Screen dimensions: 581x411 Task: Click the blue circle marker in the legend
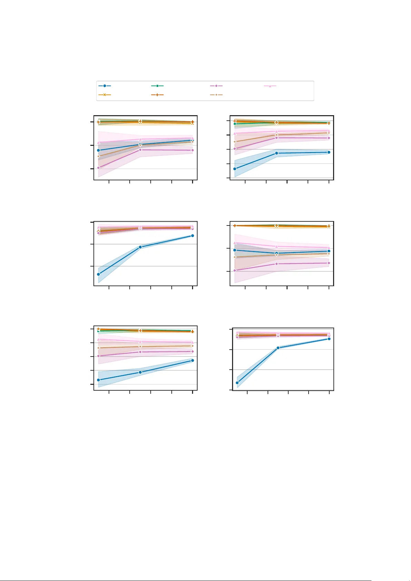point(104,86)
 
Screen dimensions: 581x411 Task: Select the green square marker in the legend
point(158,86)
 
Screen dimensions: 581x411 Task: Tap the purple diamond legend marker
point(216,86)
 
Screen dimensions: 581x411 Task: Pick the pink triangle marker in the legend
point(270,86)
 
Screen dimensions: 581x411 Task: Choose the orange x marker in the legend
point(104,94)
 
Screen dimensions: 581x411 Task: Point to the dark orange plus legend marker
point(158,94)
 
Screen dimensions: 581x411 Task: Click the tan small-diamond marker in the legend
point(216,94)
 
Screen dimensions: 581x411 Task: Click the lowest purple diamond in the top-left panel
point(99,168)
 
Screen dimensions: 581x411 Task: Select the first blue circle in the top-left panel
point(99,150)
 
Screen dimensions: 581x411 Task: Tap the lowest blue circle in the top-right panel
point(235,169)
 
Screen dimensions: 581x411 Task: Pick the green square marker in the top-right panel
point(235,124)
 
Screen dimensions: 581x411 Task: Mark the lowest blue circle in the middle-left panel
point(99,274)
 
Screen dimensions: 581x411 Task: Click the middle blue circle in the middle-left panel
point(140,247)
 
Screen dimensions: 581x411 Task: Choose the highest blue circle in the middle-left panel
point(192,236)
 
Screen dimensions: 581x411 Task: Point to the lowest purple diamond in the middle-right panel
point(235,271)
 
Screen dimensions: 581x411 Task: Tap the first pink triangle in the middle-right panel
point(235,243)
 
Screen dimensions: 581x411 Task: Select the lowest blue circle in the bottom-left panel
point(99,380)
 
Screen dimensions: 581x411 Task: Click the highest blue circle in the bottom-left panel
point(192,361)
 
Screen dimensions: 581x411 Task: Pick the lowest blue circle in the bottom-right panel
point(237,383)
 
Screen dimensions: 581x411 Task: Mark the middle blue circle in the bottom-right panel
point(278,348)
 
